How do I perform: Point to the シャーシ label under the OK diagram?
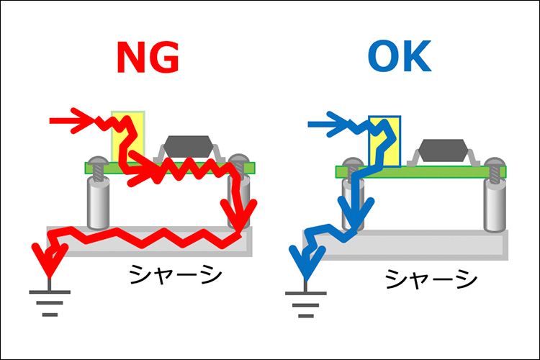[431, 278]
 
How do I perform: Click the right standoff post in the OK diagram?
[495, 205]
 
